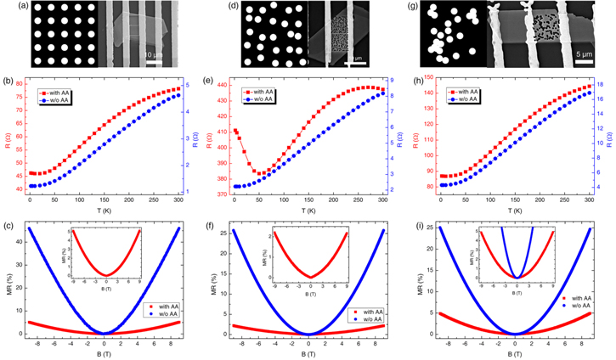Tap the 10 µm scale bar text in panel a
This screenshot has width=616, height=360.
pos(152,55)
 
